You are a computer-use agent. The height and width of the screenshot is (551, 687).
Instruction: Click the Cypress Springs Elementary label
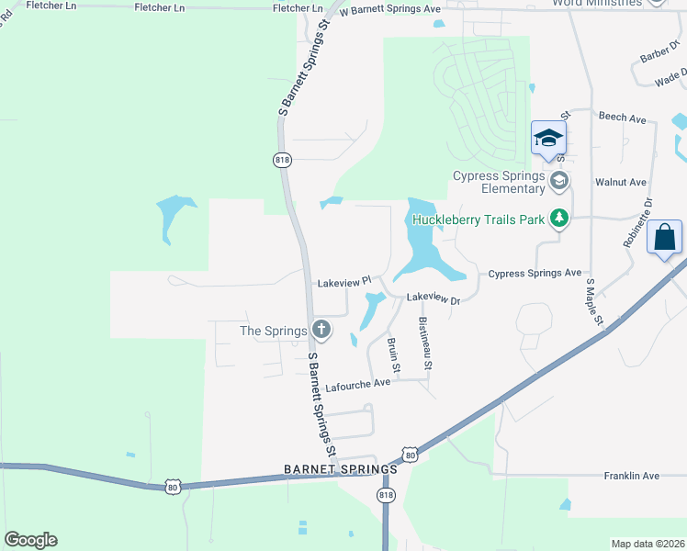click(499, 182)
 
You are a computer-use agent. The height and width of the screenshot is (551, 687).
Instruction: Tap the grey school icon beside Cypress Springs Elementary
click(558, 180)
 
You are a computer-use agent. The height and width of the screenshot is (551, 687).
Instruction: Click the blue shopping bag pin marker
click(664, 238)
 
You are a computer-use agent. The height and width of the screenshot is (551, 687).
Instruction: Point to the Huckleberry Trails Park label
click(478, 219)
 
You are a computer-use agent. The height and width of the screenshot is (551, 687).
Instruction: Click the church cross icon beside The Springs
click(321, 329)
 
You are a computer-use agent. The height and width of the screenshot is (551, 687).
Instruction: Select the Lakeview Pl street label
click(343, 282)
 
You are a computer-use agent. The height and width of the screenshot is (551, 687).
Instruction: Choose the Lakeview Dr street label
click(432, 298)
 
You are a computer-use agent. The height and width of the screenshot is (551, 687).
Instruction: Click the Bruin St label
click(394, 354)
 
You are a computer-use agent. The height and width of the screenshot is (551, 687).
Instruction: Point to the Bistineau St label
click(425, 343)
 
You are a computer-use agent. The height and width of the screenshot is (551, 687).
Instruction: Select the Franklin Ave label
click(632, 476)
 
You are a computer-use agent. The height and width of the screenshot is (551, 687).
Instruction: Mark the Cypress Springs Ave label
click(535, 274)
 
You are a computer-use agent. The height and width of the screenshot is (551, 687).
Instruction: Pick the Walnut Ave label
click(622, 183)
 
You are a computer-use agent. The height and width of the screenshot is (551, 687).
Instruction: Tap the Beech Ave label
click(623, 118)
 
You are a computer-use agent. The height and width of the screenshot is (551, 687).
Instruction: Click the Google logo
click(30, 540)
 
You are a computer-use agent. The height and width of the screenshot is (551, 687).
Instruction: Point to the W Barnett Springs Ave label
click(389, 10)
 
